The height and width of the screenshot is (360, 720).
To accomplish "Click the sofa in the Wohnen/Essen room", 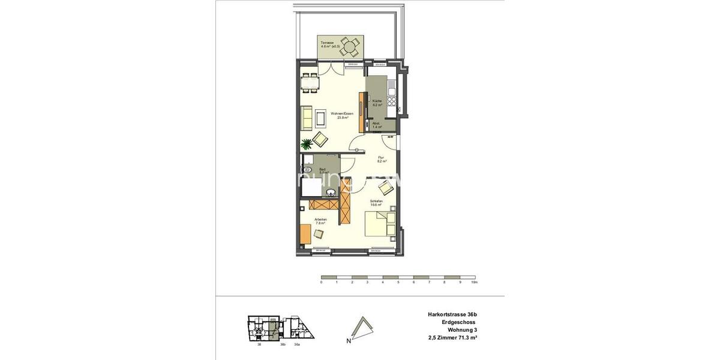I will (307, 117).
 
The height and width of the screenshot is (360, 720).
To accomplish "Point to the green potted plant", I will (307, 144).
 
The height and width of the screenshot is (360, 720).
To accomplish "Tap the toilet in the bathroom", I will (307, 170).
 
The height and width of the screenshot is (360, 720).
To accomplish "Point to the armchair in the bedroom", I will (385, 187).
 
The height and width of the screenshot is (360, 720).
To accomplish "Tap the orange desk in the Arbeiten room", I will (305, 234).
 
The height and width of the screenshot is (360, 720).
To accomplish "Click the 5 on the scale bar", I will (398, 282).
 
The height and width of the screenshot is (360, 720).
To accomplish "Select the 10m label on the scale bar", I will (474, 282).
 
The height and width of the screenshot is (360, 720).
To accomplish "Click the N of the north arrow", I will (349, 341).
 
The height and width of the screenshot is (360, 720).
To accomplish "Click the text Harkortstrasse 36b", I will (452, 314).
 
